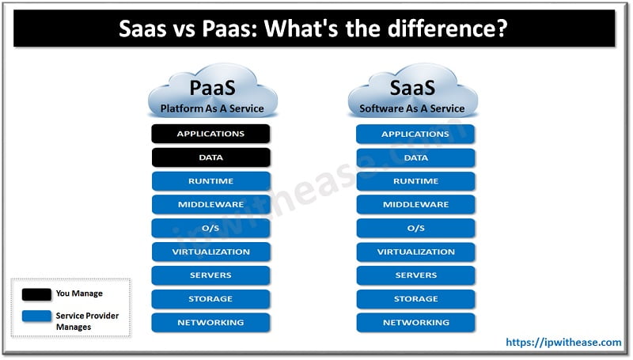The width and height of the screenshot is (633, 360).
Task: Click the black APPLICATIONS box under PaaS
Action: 210,134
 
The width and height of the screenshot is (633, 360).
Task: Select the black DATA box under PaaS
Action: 210,157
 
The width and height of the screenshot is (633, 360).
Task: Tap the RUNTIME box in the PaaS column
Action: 210,181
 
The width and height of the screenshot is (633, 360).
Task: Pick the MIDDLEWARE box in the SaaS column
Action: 415,205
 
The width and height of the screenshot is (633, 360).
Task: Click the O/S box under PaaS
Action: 210,229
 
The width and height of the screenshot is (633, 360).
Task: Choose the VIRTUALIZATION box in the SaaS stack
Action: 415,252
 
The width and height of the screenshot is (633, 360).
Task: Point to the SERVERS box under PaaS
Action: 210,275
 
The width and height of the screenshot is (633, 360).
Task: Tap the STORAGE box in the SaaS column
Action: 415,299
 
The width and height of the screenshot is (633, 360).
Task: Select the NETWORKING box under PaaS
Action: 210,323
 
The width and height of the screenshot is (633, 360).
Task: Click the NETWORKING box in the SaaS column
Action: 415,323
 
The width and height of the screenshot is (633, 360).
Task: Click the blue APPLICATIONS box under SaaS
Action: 415,134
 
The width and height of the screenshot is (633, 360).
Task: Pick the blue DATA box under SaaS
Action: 415,157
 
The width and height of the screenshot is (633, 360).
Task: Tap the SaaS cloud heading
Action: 412,86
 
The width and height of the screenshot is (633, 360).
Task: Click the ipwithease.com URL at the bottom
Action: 563,342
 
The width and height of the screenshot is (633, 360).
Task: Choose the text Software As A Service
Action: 412,108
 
